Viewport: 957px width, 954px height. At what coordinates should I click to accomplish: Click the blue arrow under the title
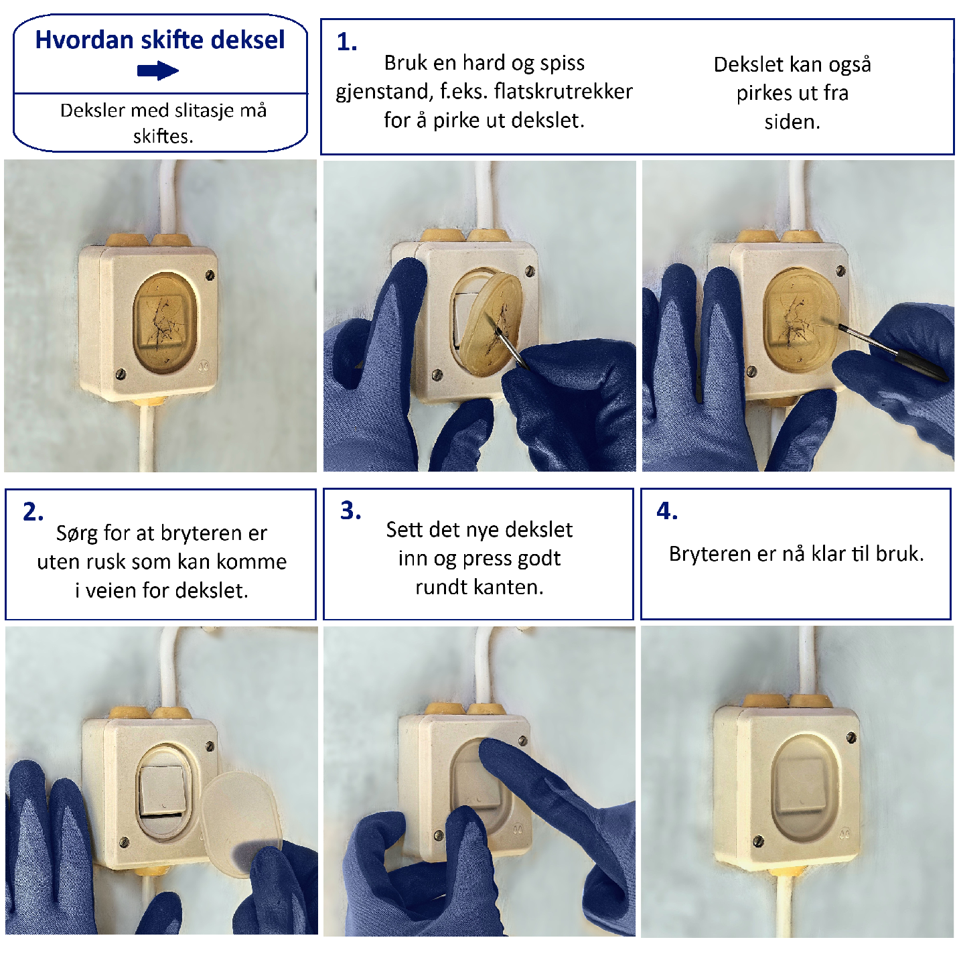pos(158,70)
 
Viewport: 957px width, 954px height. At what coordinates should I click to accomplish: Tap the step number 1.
pos(347,43)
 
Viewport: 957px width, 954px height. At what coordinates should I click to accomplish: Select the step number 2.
pos(33,512)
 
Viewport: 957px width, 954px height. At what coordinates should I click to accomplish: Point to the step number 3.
pos(351,510)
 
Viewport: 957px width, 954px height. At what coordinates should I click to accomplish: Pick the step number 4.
pos(667,510)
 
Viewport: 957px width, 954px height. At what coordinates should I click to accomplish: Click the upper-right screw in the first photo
pos(210,275)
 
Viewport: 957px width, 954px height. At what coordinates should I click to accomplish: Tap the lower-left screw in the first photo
pos(120,374)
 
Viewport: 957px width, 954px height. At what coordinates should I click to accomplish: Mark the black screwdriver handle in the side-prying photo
pos(919,362)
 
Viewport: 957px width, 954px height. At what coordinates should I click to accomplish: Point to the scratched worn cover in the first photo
pos(165,322)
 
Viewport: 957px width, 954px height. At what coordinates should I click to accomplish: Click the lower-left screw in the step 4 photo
pos(758,841)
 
